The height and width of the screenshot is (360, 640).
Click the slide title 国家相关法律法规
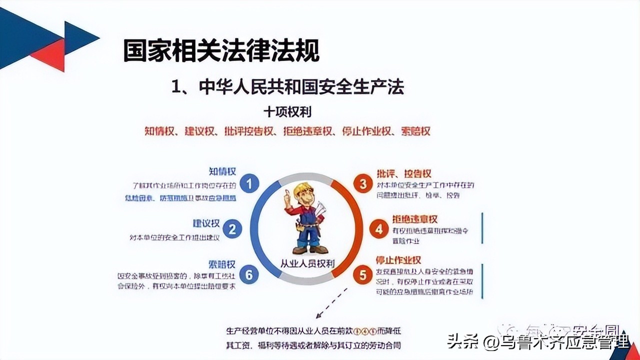click(221, 50)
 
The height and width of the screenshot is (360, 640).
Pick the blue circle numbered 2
click(231, 229)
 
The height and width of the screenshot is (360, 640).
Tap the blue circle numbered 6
click(249, 274)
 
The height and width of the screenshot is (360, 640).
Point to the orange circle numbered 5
click(363, 274)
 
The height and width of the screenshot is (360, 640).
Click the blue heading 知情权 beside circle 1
click(222, 172)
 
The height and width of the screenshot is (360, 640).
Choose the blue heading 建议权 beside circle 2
click(206, 223)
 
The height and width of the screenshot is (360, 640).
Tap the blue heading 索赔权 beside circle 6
click(221, 264)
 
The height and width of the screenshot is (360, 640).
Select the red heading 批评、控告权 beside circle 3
click(404, 173)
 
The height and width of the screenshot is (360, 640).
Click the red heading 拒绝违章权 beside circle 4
click(414, 219)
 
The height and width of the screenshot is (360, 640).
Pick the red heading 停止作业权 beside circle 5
click(398, 260)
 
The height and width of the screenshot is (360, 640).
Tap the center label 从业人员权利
click(307, 263)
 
